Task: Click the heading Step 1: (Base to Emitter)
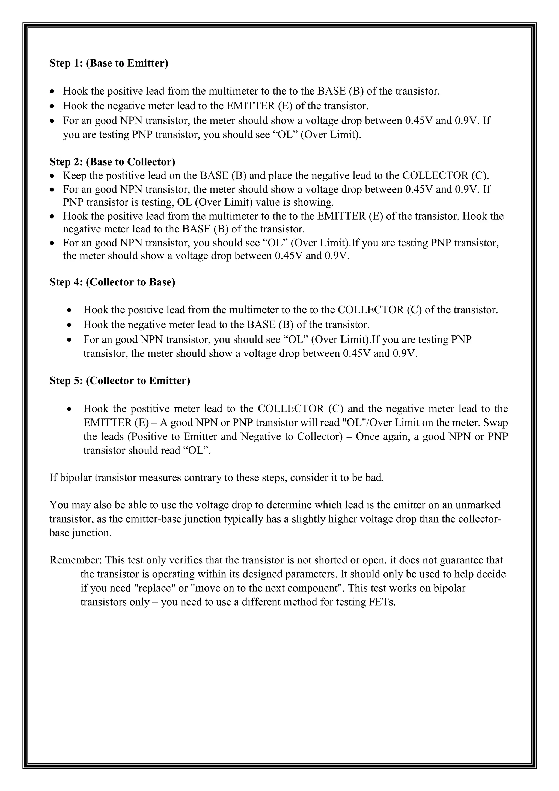pyautogui.click(x=109, y=63)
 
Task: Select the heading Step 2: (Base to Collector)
pyautogui.click(x=112, y=162)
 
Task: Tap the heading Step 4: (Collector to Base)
pyautogui.click(x=112, y=282)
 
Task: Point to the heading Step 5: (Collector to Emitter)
pyautogui.click(x=120, y=381)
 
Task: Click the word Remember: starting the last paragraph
pyautogui.click(x=75, y=560)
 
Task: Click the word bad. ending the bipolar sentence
pyautogui.click(x=374, y=478)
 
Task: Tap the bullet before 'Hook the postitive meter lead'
pyautogui.click(x=70, y=409)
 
